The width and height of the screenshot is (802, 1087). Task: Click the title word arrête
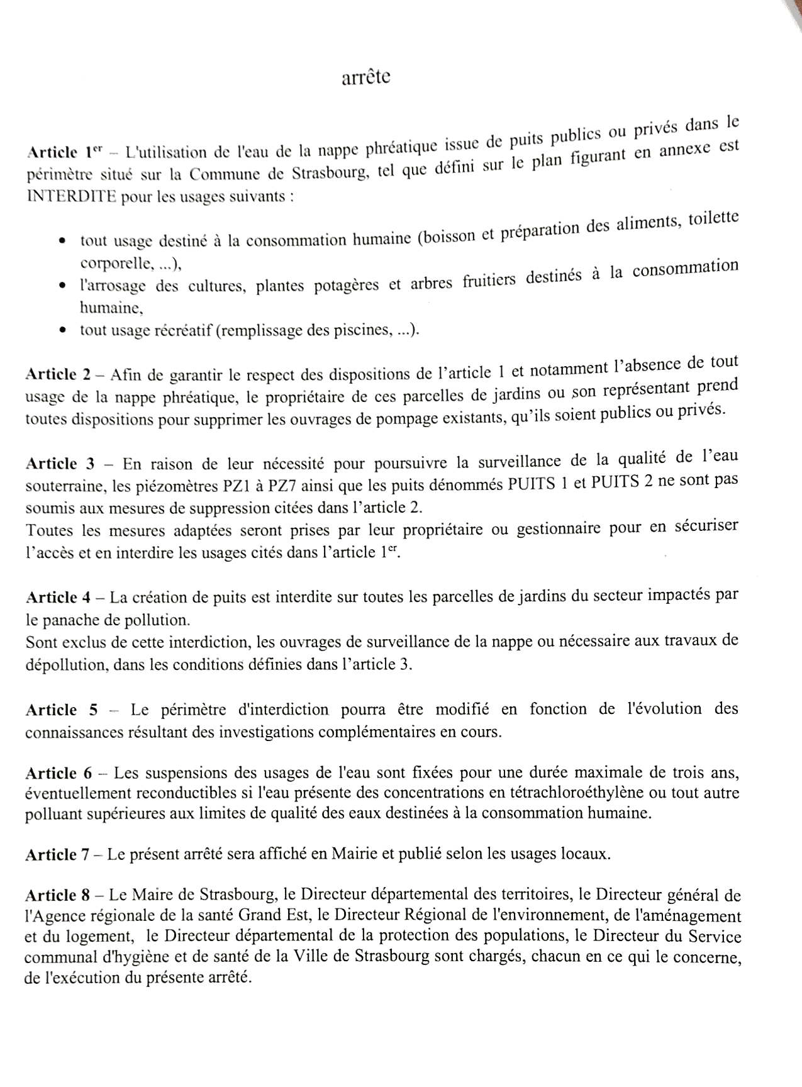pos(365,77)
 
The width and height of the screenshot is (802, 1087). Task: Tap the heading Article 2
pos(59,374)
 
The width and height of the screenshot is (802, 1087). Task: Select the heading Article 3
pos(60,464)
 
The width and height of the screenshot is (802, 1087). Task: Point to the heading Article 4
pos(59,596)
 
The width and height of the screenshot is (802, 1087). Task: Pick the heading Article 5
pos(61,710)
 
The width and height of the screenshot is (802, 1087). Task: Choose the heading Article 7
pos(59,854)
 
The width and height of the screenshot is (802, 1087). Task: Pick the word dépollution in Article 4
pos(58,665)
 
